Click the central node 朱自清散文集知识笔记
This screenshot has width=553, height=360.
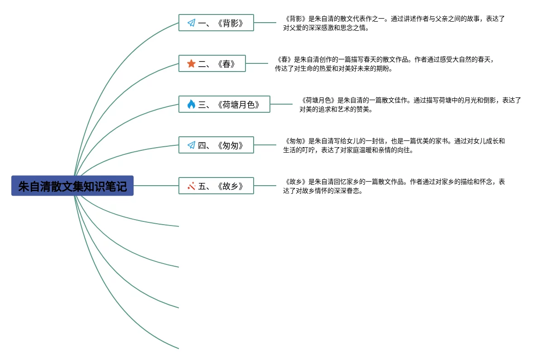pos(72,186)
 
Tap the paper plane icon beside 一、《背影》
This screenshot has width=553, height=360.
pos(191,23)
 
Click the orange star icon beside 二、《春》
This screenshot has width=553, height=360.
pos(191,64)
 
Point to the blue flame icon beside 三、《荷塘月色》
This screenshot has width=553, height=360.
pos(191,105)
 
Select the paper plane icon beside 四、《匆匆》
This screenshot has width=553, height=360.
pos(191,145)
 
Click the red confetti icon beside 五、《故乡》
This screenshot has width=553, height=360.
pos(191,186)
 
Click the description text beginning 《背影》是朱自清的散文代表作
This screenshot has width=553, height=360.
pos(394,23)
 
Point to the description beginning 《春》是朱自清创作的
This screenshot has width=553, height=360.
pos(385,64)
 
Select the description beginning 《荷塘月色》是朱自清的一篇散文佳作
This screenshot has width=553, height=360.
pos(410,105)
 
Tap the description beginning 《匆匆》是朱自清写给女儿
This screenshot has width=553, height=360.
pos(394,145)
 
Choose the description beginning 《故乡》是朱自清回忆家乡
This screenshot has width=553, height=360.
pos(394,186)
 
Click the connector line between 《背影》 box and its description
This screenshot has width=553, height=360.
pos(265,23)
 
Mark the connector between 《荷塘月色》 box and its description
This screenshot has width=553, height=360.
pos(281,104)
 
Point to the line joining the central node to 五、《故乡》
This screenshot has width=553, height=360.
pos(156,186)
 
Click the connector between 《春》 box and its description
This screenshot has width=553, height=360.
pos(257,63)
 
